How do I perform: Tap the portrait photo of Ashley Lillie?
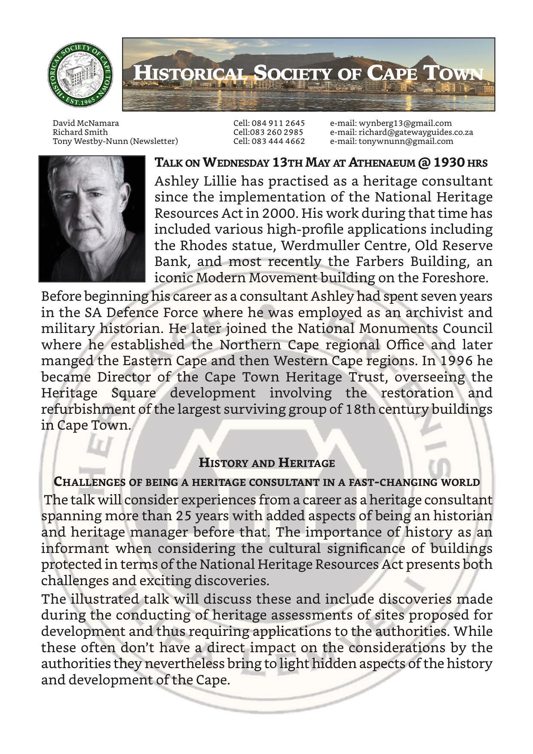point(92,218)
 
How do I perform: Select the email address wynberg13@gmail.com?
point(391,123)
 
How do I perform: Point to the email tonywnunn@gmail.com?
point(392,141)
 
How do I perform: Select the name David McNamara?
point(86,123)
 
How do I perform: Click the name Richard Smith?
point(80,132)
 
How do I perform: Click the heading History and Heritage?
point(266,463)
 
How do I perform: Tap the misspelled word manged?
point(65,360)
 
